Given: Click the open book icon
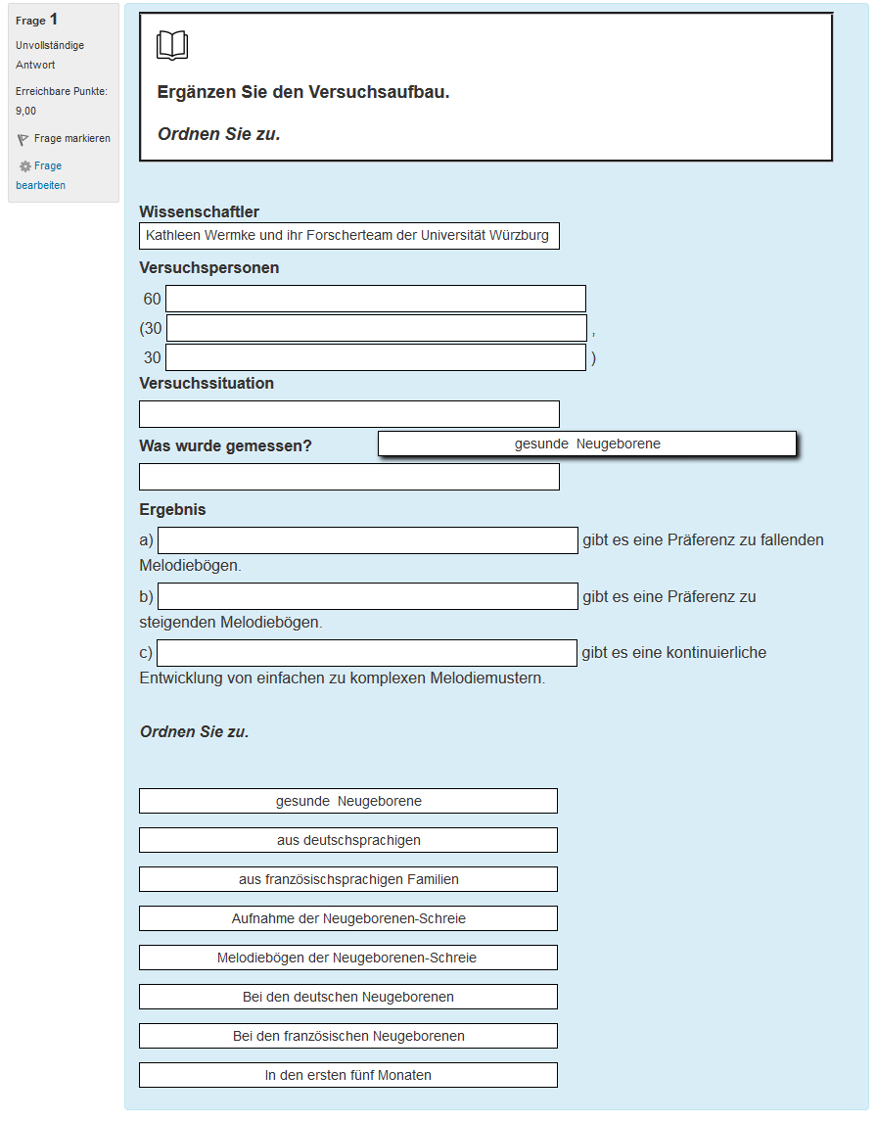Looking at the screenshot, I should click(172, 46).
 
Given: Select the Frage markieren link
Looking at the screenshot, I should click(71, 139).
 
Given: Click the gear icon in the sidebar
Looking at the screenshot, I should click(25, 167).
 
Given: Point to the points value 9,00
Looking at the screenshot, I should click(26, 111).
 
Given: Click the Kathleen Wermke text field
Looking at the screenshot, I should click(349, 236).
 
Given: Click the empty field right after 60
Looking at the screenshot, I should click(376, 299).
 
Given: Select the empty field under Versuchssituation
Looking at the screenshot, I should click(349, 414).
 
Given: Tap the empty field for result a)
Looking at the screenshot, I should click(368, 540).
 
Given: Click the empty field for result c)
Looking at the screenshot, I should click(367, 653).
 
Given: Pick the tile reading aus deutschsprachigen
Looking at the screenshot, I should click(348, 840).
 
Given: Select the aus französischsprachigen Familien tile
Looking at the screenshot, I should click(348, 879).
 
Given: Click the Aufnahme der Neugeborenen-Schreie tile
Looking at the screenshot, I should click(348, 918).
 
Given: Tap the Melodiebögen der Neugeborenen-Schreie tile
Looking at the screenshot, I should click(348, 958).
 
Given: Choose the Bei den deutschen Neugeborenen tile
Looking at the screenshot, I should click(348, 997).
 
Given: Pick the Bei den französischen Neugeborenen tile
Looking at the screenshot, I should click(348, 1036).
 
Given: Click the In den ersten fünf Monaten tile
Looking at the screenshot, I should click(348, 1075).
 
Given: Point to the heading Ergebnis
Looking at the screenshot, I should click(173, 510).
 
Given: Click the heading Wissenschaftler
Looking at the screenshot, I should click(200, 212).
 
